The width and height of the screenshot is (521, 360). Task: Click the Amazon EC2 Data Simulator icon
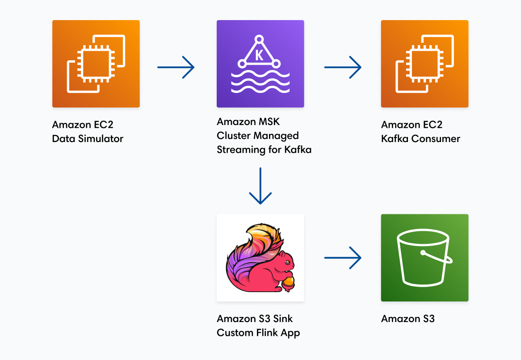click(96, 64)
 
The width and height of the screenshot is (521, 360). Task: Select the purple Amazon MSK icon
click(260, 64)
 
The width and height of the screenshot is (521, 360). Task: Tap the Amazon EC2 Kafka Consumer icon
click(424, 64)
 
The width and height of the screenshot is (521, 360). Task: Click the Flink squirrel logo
click(260, 258)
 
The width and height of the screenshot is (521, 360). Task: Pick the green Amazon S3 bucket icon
click(424, 258)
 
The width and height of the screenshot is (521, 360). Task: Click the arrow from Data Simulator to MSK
click(176, 67)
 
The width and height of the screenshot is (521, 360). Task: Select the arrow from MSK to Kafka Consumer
click(343, 67)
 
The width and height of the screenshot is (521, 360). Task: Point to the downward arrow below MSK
click(260, 186)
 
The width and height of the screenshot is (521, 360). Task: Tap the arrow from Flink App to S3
click(343, 258)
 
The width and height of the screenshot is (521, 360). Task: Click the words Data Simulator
click(88, 139)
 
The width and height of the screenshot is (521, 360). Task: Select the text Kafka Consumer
click(420, 139)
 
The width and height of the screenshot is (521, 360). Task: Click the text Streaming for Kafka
click(264, 150)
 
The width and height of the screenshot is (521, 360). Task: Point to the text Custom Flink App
click(258, 333)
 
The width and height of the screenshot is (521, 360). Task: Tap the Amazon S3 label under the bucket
click(408, 319)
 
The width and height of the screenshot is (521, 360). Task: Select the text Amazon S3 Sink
click(255, 319)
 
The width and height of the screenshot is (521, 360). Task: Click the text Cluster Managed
click(257, 136)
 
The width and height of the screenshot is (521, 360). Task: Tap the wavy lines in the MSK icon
click(260, 82)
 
